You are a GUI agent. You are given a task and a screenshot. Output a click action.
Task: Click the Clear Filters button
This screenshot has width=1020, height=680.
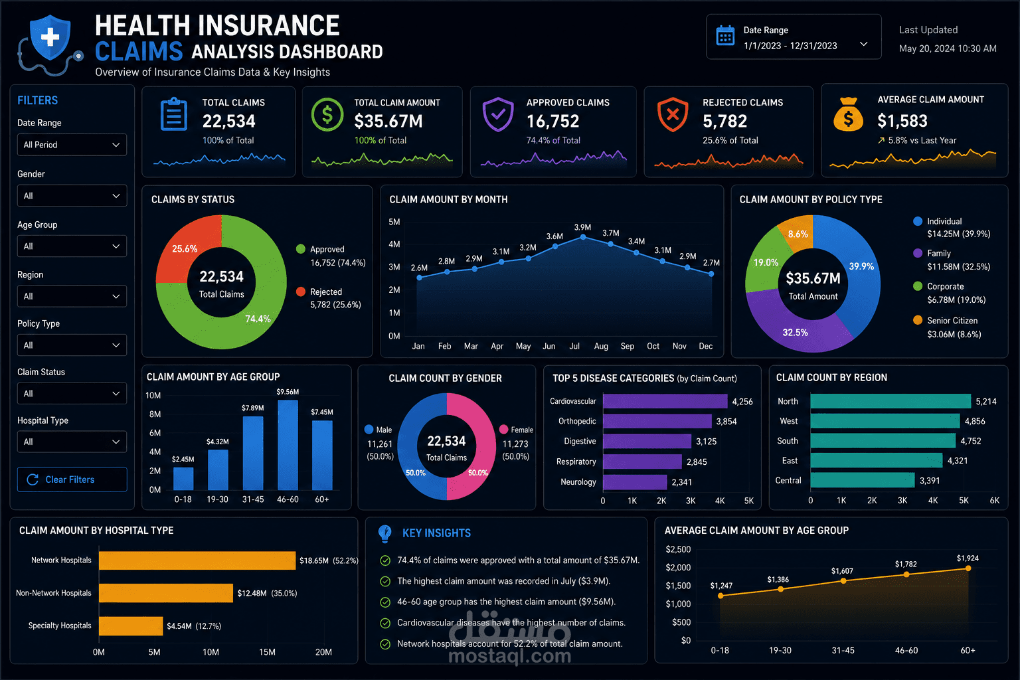tap(72, 479)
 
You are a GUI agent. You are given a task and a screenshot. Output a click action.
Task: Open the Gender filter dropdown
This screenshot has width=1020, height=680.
tap(72, 196)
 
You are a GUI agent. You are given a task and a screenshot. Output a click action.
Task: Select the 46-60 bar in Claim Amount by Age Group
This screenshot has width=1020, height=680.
tap(288, 445)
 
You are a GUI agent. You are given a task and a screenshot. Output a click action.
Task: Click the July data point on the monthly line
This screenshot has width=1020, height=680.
tap(583, 237)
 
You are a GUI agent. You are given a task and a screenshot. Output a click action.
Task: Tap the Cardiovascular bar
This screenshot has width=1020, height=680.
tap(665, 401)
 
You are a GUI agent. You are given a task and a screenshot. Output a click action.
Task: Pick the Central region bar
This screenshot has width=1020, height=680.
tap(863, 480)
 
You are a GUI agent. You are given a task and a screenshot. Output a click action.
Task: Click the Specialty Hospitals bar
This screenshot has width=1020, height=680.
tap(131, 626)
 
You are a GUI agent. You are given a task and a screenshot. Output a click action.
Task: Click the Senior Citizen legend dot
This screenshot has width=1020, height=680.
tap(918, 320)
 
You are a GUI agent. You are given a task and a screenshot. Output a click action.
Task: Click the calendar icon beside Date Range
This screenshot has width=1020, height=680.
tap(725, 36)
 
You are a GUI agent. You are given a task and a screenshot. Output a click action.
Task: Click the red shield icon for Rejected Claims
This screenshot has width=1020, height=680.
tap(673, 114)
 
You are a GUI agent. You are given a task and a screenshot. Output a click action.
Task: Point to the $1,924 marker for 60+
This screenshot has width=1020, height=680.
tap(968, 568)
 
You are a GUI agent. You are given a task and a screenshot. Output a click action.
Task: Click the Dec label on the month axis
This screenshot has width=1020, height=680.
tap(705, 346)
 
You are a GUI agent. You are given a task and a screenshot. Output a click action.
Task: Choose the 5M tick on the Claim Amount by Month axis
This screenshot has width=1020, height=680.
tap(394, 222)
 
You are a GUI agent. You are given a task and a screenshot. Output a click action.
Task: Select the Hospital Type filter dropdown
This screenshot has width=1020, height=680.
tap(72, 442)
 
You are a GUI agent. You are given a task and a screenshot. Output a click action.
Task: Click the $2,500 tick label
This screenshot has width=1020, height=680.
tap(678, 549)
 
